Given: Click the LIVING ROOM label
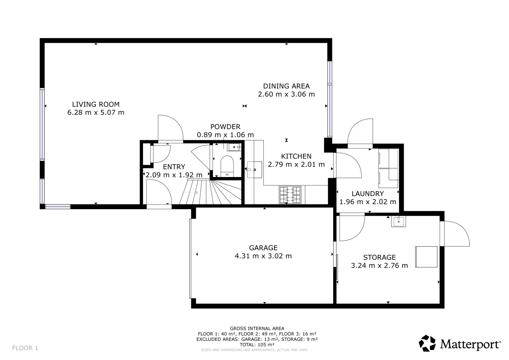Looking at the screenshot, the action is coord(96,104).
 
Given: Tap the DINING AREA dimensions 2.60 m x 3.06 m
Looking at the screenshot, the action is coord(286,94).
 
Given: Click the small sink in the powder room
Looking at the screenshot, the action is coord(234,147).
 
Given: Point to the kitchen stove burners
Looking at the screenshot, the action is coord(290,195).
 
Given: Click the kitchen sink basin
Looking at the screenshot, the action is coord(254,170).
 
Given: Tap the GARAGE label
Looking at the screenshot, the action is coord(263,248).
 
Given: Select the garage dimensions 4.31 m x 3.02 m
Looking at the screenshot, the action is coord(263,256).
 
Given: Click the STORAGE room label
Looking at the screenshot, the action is coord(379,257).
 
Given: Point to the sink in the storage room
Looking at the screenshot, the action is coord(398,221).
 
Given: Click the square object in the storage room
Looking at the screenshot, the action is coord(426,257).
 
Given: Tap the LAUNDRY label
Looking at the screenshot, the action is coord(368,194).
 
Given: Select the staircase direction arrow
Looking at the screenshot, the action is coord(191,193).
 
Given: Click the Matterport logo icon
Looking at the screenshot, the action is coord(427,343).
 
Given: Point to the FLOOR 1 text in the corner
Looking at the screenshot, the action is coord(25,348).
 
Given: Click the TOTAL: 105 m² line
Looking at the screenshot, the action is coord(257,344).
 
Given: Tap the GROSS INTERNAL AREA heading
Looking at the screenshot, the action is coord(257,329).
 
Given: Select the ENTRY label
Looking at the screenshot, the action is coord(174,167).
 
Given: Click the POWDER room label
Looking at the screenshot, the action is coord(225,126).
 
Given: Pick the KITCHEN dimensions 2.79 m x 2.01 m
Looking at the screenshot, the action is coord(296,165).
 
